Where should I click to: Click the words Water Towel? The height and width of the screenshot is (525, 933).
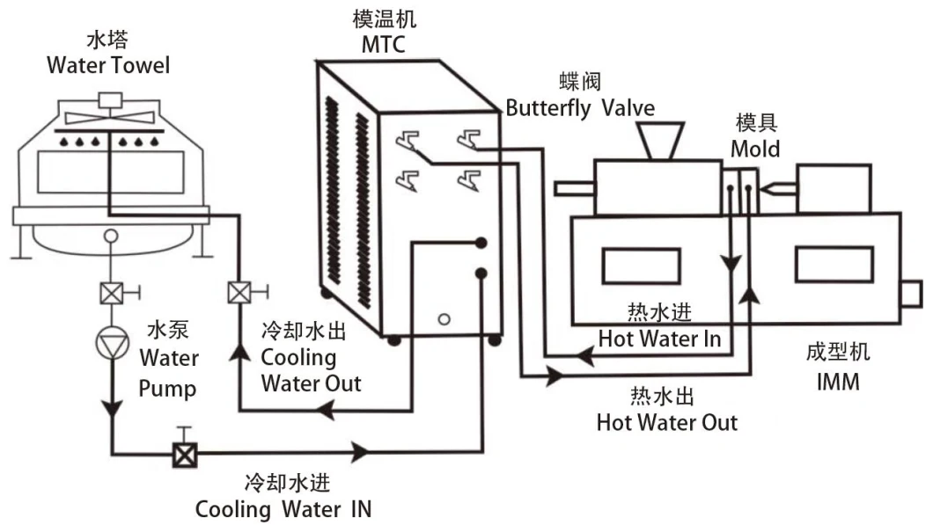click(x=107, y=64)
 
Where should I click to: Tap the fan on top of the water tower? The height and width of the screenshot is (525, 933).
click(x=109, y=117)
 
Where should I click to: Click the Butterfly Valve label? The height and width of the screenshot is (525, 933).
click(x=579, y=108)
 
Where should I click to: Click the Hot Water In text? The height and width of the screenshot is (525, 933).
click(x=659, y=338)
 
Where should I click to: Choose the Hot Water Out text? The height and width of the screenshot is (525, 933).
click(x=666, y=422)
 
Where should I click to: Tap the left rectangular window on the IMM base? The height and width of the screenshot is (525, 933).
click(x=640, y=266)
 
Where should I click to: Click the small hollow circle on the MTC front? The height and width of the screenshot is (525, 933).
click(x=444, y=317)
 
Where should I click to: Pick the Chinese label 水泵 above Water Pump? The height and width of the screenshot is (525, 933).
click(x=167, y=332)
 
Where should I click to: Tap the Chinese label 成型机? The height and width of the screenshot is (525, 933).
click(x=837, y=354)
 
